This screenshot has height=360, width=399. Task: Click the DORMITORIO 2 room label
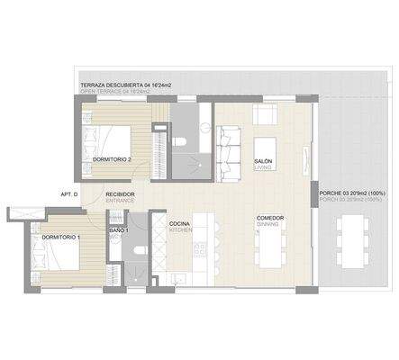point(113,159)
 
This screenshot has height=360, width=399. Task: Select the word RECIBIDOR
point(120,194)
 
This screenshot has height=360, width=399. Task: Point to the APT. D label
point(69,194)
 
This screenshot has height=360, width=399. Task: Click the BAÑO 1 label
point(120,232)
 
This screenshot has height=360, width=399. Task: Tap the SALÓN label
point(264,161)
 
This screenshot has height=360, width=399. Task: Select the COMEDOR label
point(270,218)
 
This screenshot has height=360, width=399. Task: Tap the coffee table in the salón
point(267,147)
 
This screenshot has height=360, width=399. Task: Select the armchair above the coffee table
point(267,115)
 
